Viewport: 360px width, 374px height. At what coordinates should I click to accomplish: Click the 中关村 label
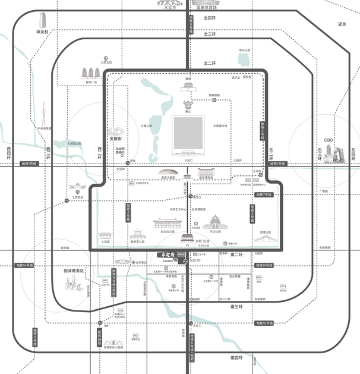[42, 32]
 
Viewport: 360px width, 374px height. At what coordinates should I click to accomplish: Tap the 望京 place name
[342, 24]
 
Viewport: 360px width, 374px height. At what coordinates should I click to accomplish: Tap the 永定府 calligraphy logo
[162, 255]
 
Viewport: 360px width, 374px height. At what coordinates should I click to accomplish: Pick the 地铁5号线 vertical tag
[253, 213]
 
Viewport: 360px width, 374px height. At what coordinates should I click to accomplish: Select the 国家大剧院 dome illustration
[168, 171]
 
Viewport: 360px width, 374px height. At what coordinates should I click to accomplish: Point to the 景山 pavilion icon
[188, 105]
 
